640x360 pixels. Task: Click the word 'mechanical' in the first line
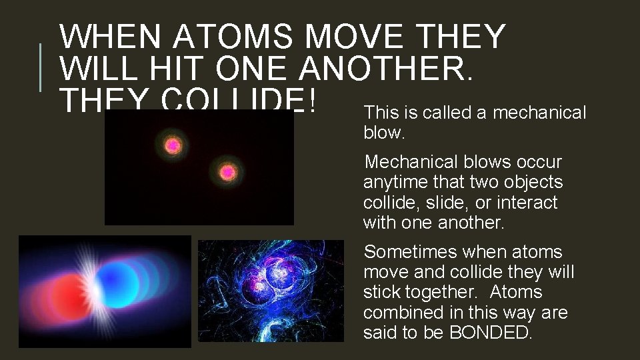(x=539, y=113)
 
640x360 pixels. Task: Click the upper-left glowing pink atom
(x=173, y=145)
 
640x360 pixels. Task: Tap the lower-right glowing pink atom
(x=227, y=173)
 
